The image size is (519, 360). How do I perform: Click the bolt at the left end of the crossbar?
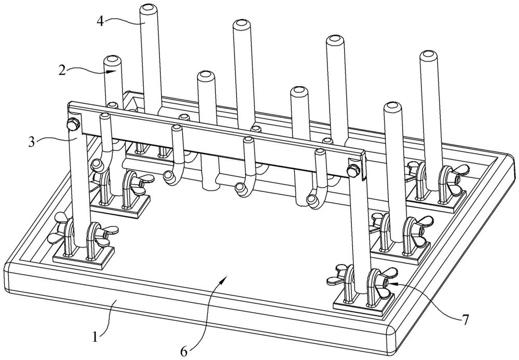72,124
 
